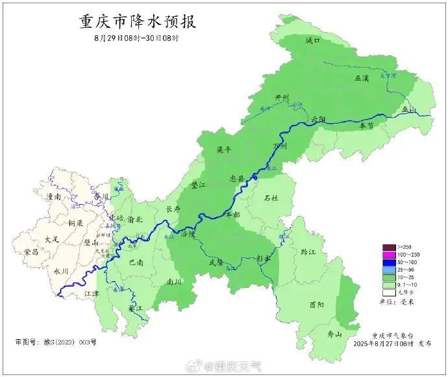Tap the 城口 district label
click(x=313, y=40)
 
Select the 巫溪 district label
click(x=361, y=78)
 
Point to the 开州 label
click(x=282, y=97)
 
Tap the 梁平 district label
click(x=224, y=149)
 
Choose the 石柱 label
click(x=271, y=198)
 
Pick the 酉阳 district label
click(x=317, y=304)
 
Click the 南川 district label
click(x=174, y=282)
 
